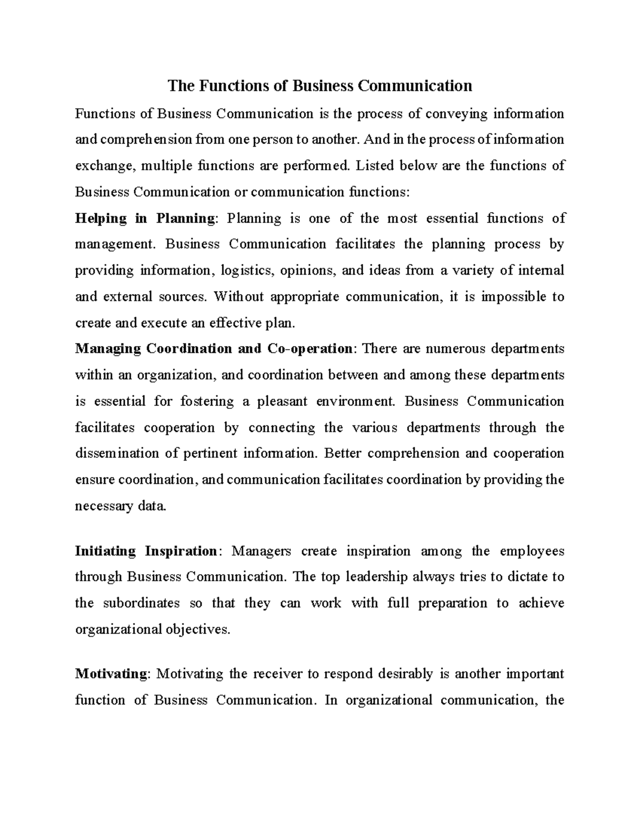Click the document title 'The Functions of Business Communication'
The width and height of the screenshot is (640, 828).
click(320, 86)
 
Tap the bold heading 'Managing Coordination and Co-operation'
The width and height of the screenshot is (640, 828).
click(213, 349)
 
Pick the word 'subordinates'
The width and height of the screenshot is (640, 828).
click(141, 603)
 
